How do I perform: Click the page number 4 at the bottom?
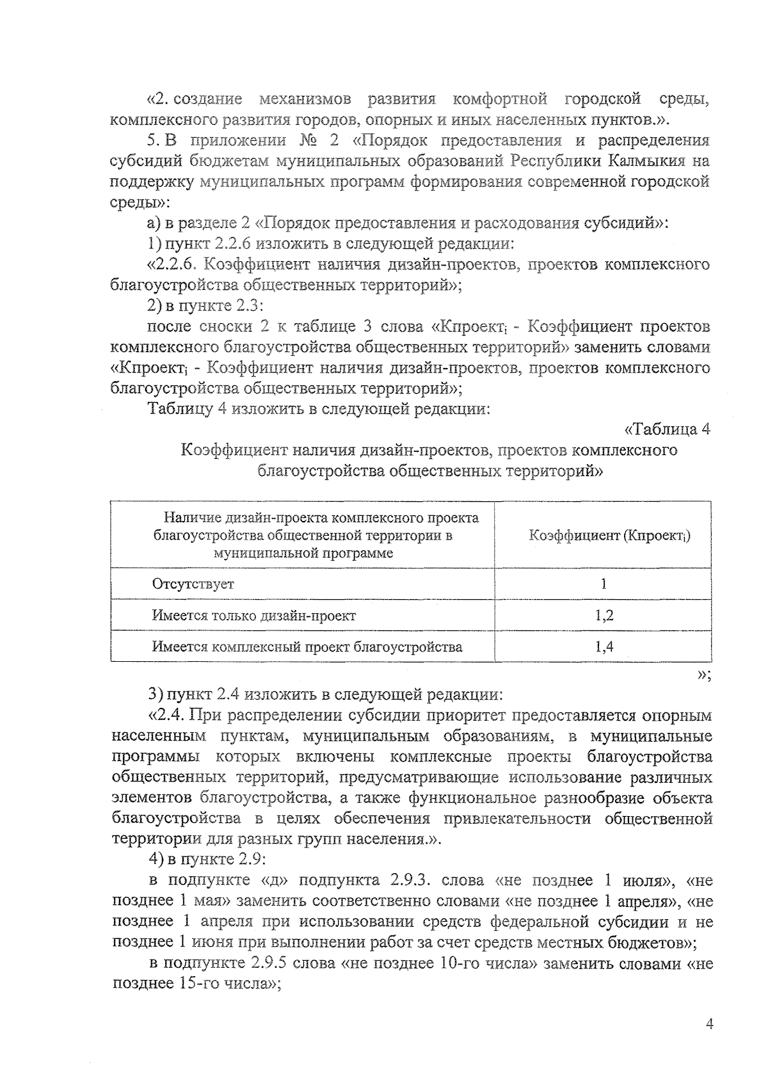point(708,1023)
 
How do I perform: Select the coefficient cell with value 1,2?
point(604,616)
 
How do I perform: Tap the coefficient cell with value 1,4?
point(604,646)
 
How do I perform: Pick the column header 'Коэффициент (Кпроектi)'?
point(609,535)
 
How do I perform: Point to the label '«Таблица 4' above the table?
point(666,429)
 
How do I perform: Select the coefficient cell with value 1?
point(604,584)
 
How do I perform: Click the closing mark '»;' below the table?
point(704,675)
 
